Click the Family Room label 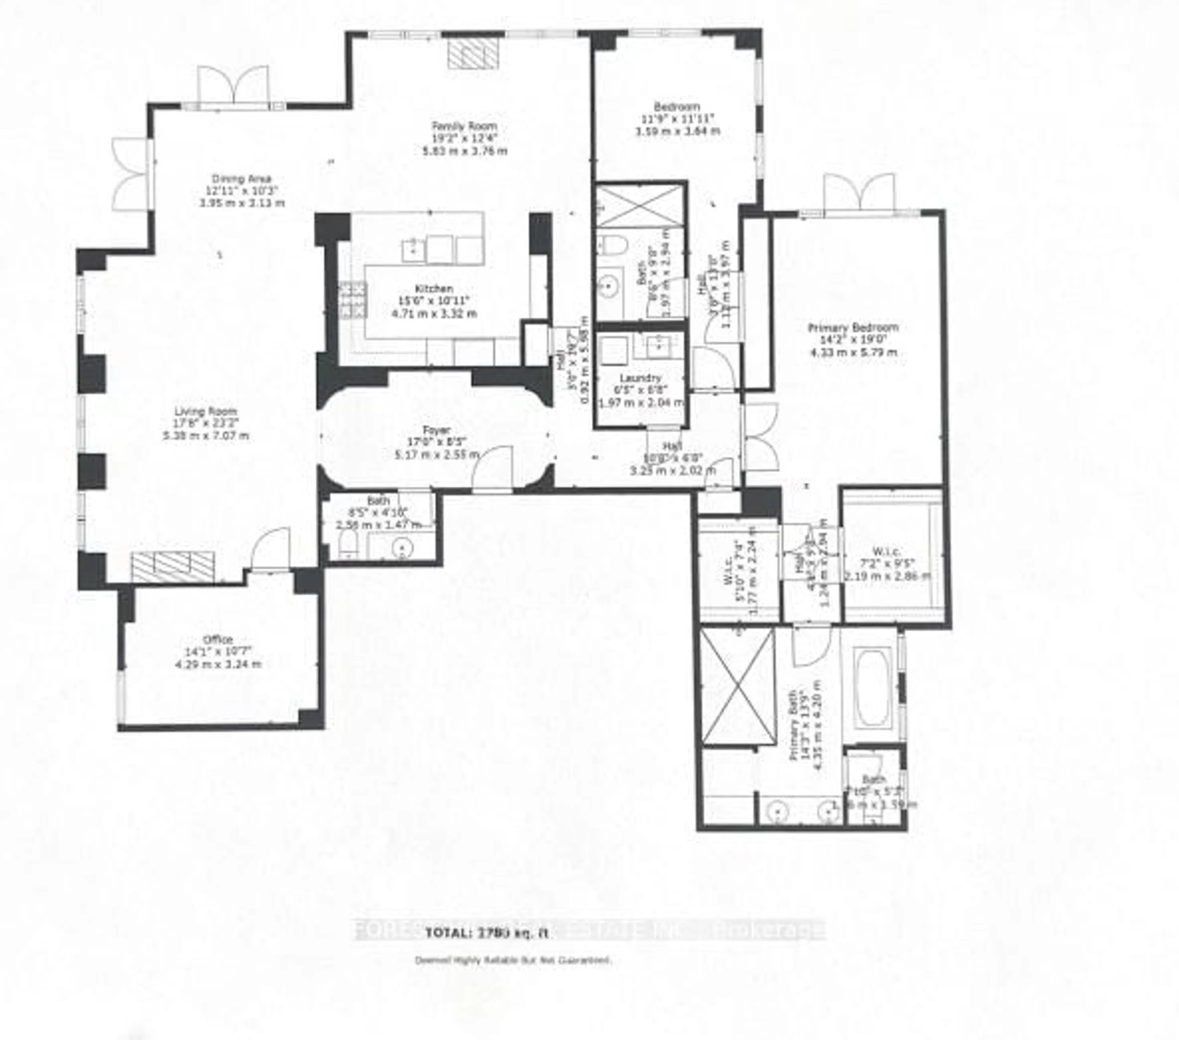pyautogui.click(x=464, y=126)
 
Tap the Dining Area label pyautogui.click(x=241, y=179)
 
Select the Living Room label pyautogui.click(x=206, y=411)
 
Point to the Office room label pyautogui.click(x=218, y=640)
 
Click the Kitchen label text pyautogui.click(x=434, y=288)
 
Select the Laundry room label pyautogui.click(x=640, y=378)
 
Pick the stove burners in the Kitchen pyautogui.click(x=352, y=300)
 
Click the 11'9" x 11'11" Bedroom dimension pyautogui.click(x=678, y=119)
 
